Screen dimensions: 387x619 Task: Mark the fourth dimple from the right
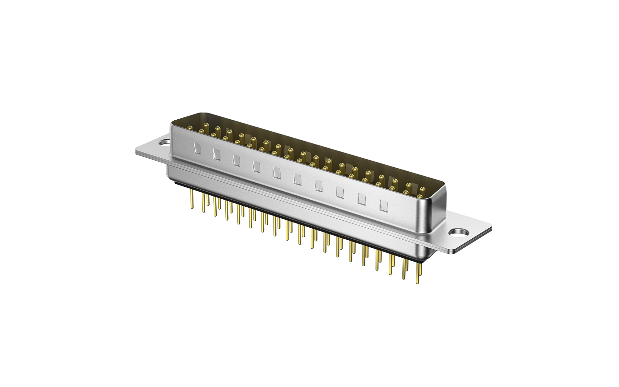coord(319,185)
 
